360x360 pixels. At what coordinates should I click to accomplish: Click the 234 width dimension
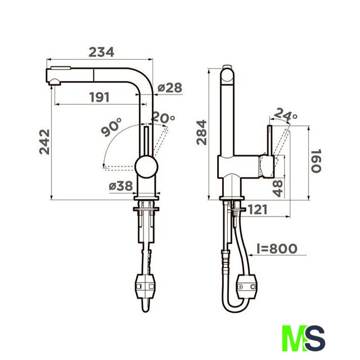101,52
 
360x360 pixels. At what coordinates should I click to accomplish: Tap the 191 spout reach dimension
100,97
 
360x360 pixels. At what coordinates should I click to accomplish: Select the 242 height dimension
44,142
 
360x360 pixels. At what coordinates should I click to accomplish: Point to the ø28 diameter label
170,88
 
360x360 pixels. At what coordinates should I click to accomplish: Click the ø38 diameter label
121,186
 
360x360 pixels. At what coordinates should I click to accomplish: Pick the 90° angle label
111,127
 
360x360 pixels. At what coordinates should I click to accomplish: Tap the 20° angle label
163,117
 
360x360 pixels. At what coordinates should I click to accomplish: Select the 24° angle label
285,114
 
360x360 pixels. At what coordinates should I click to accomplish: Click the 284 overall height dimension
201,132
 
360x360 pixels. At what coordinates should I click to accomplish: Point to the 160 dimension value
316,161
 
